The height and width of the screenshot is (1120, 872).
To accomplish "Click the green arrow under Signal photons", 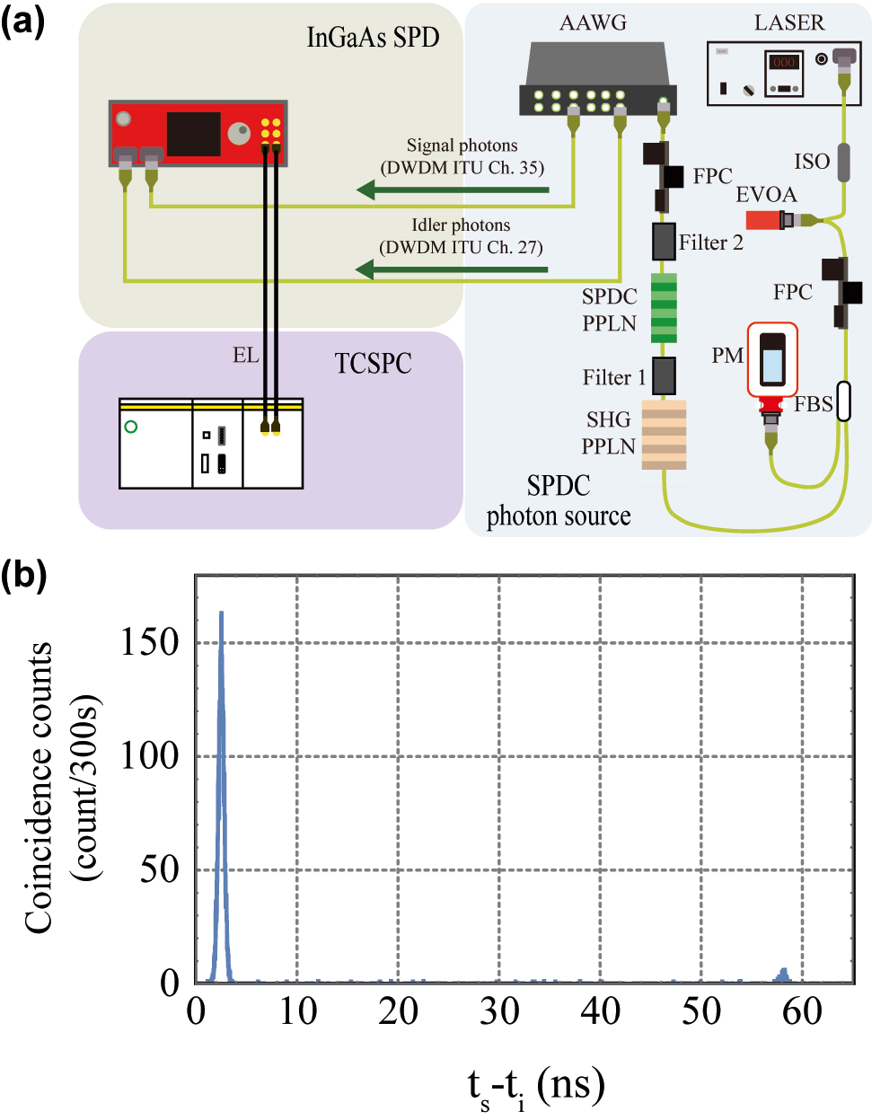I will [x=453, y=190].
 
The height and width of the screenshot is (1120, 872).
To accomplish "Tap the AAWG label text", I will [x=593, y=23].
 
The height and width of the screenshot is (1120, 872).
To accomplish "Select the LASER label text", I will [x=788, y=23].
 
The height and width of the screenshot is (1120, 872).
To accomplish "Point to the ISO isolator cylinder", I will [x=844, y=163].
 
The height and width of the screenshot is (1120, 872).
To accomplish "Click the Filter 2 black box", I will [x=664, y=242].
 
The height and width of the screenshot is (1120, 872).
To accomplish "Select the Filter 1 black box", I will [x=664, y=375].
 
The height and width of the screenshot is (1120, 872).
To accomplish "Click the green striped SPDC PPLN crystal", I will [x=664, y=307].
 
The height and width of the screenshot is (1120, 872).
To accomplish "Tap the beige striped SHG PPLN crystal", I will [x=664, y=435].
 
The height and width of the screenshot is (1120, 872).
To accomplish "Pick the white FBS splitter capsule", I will [x=843, y=401].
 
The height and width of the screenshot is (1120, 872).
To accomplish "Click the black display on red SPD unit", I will [x=193, y=134].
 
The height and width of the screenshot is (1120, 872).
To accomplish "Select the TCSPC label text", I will [x=373, y=364].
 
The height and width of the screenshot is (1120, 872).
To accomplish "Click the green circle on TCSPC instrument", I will [x=131, y=427].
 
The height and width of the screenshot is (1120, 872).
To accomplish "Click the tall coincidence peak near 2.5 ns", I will [x=221, y=719].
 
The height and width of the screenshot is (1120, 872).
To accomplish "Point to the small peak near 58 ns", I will [x=784, y=975].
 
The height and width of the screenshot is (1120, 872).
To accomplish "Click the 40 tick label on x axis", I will [x=600, y=1011].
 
